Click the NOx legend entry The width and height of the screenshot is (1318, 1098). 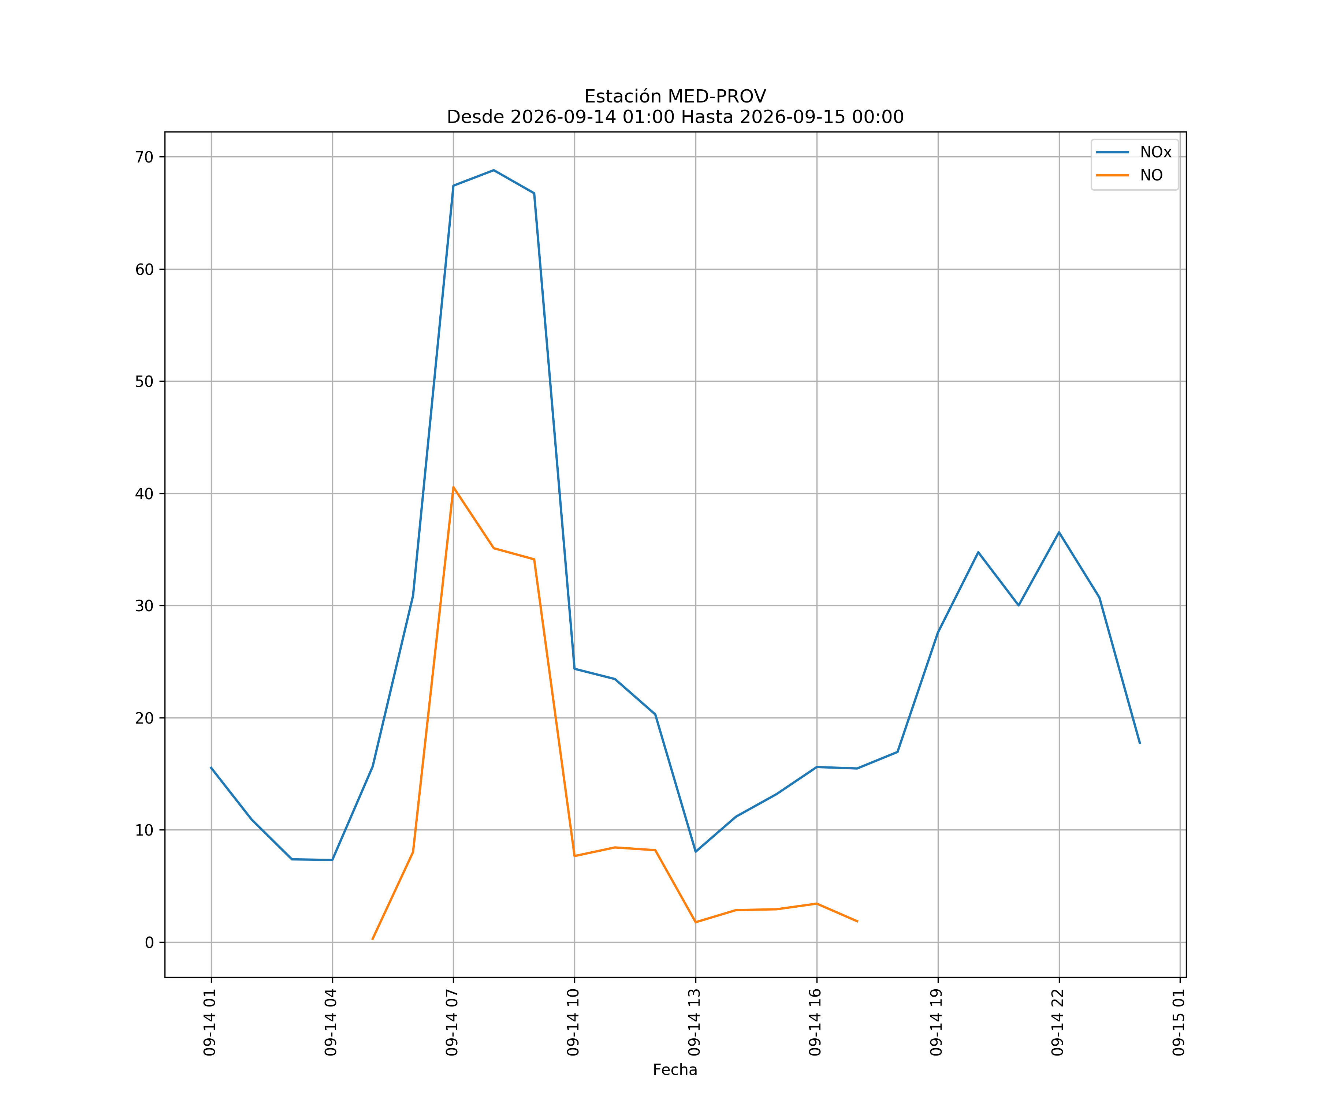tap(1133, 153)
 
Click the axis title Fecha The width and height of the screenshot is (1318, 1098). tap(675, 1070)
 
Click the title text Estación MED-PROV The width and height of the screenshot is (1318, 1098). tap(675, 97)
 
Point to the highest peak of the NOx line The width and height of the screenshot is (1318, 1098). tap(494, 170)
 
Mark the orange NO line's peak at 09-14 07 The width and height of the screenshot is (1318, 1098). tap(453, 487)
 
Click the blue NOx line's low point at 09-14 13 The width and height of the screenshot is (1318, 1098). tap(695, 851)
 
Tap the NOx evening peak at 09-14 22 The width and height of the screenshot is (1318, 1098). tap(1059, 532)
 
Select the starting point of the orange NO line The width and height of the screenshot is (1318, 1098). tap(372, 939)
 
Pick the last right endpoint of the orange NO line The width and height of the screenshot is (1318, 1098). tap(857, 921)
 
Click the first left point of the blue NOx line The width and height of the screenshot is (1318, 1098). tap(211, 768)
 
